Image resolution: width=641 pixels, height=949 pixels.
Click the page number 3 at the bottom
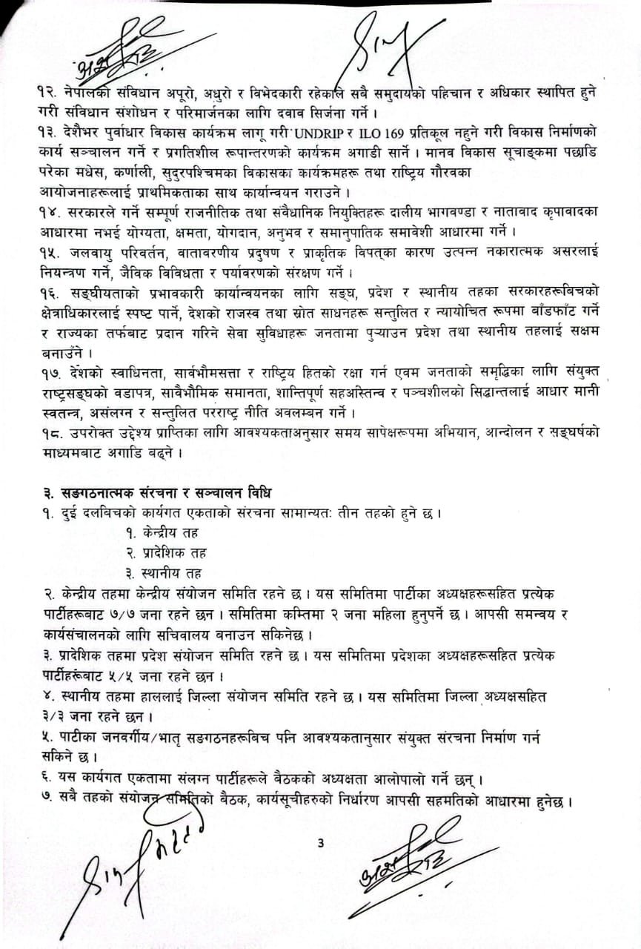[320, 842]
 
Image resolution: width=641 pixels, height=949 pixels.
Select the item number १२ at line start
[51, 90]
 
